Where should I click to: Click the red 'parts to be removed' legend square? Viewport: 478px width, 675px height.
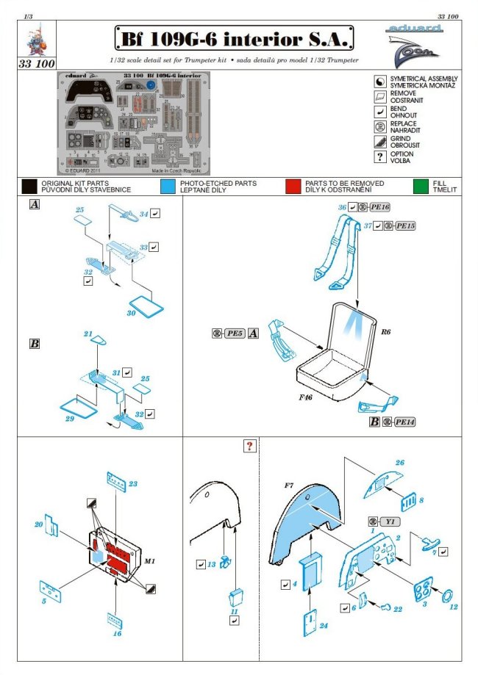(x=293, y=187)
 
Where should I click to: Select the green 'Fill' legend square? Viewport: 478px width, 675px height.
(x=421, y=187)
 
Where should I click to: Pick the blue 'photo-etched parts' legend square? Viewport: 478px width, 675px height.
(x=168, y=187)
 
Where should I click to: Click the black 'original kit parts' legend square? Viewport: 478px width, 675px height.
(x=29, y=187)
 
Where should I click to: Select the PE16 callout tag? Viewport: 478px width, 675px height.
(x=379, y=208)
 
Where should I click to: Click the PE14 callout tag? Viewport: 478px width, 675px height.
(x=404, y=422)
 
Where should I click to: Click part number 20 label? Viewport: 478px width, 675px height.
(x=39, y=524)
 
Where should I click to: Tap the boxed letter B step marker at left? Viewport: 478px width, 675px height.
(x=34, y=343)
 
